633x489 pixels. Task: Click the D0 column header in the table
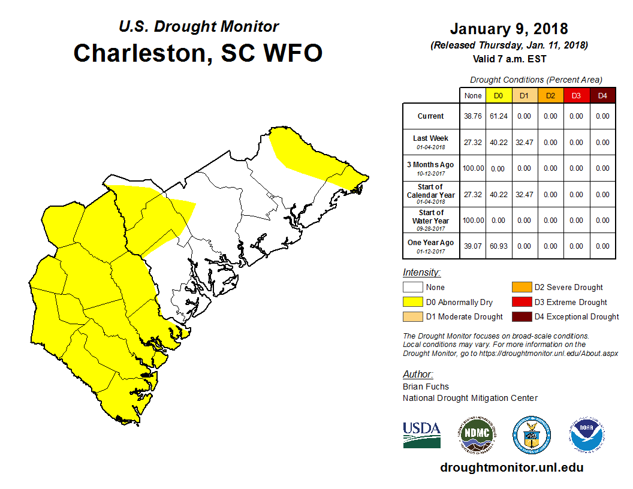[x=498, y=95]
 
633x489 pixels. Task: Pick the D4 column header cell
[x=602, y=95]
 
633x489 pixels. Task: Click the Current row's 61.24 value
[x=498, y=116]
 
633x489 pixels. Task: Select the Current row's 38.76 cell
[x=472, y=116]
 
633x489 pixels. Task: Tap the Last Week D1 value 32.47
[x=524, y=143]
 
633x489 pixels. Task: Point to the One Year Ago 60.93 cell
[x=498, y=246]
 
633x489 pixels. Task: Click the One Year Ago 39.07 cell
[x=472, y=246]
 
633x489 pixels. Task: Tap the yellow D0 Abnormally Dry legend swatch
[x=412, y=302]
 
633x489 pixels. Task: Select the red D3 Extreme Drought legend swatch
[x=522, y=302]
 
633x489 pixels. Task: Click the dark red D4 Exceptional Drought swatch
[x=522, y=316]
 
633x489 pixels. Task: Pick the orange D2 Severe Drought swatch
[x=522, y=287]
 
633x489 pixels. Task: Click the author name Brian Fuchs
[x=426, y=387]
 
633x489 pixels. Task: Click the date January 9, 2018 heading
[x=509, y=29]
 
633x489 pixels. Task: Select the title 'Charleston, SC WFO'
[x=198, y=53]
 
